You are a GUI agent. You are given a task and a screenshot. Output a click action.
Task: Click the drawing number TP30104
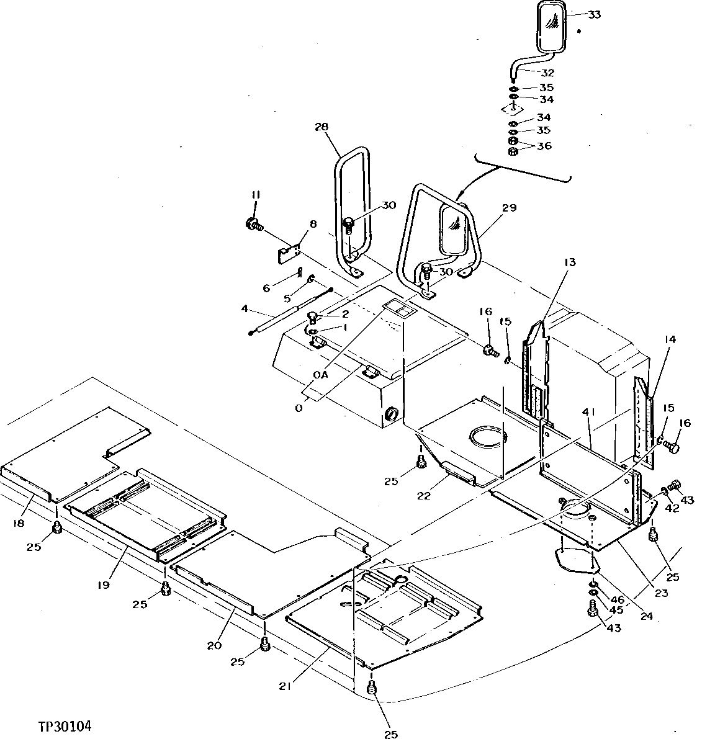[x=68, y=725]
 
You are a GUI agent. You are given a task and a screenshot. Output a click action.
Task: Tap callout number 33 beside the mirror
[x=594, y=15]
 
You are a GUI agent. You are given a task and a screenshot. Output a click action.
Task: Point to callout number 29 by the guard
[x=509, y=208]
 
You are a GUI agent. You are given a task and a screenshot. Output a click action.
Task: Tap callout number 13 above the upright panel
[x=570, y=262]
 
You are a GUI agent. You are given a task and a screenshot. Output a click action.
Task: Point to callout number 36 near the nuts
[x=544, y=146]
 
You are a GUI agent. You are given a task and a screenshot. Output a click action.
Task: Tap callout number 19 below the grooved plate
[x=103, y=584]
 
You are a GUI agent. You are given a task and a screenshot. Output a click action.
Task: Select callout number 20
[x=214, y=646]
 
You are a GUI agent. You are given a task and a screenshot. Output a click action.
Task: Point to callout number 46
[x=617, y=599]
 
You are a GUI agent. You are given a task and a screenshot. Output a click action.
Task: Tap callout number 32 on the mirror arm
[x=547, y=73]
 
